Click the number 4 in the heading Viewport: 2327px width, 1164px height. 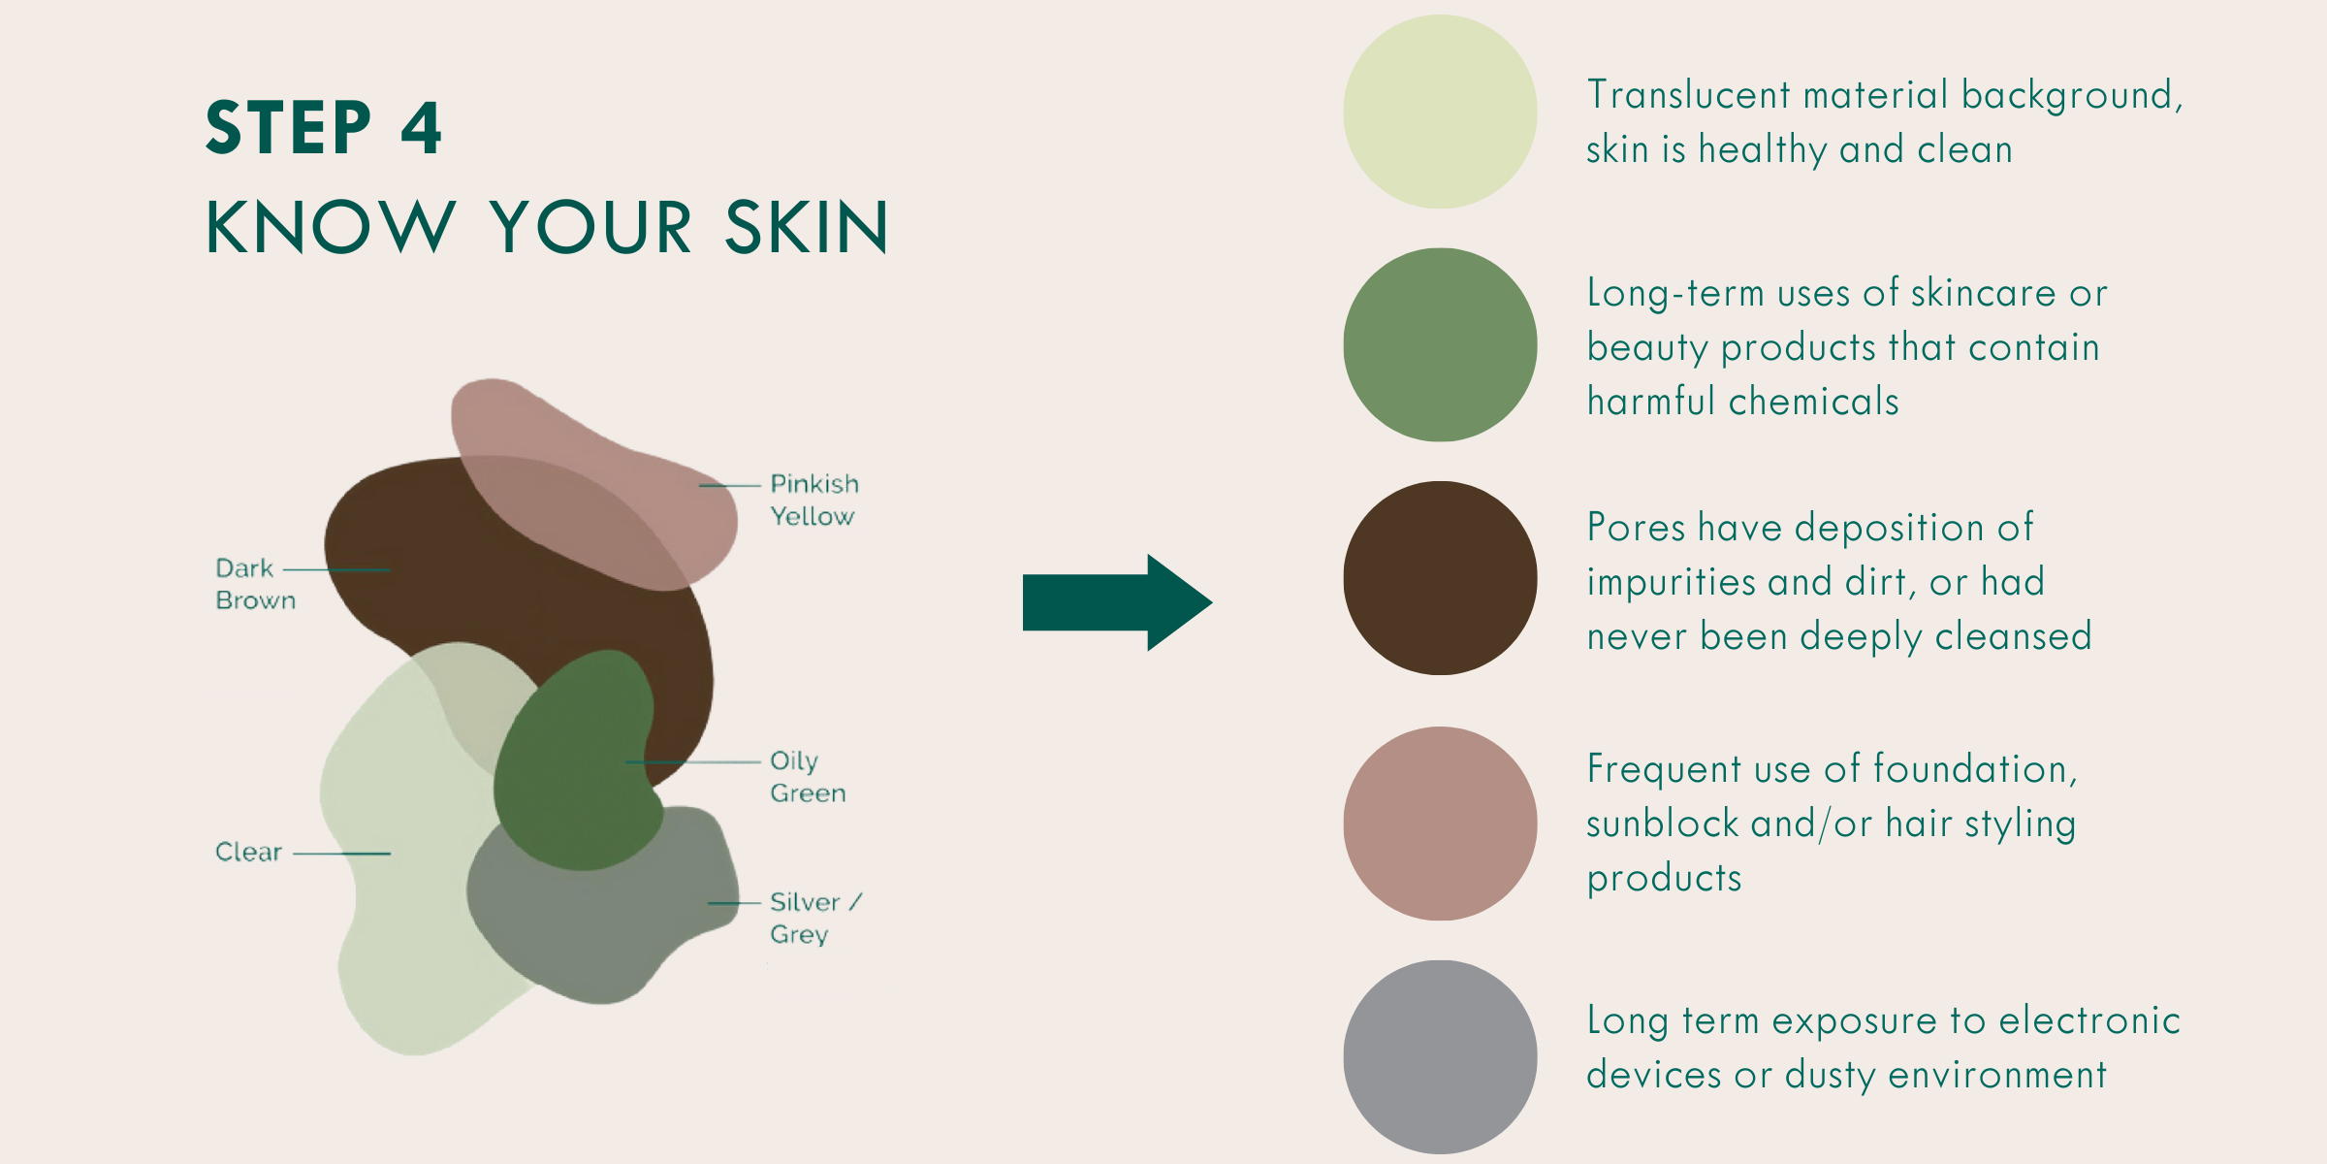[x=422, y=127]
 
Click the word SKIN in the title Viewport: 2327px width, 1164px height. [x=807, y=227]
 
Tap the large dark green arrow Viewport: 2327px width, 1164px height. [x=1117, y=602]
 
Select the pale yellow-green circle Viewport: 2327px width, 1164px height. [x=1440, y=112]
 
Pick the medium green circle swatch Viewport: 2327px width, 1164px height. [x=1440, y=344]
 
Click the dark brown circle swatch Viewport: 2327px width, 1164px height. [x=1440, y=578]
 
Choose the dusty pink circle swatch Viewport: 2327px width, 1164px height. [x=1440, y=824]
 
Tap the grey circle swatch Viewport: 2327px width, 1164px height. [x=1440, y=1057]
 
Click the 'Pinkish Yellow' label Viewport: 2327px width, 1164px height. [x=814, y=500]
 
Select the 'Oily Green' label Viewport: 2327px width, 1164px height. [x=808, y=777]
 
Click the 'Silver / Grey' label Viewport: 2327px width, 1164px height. [x=815, y=918]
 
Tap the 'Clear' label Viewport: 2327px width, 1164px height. [x=248, y=852]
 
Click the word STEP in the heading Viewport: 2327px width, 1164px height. [x=289, y=127]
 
